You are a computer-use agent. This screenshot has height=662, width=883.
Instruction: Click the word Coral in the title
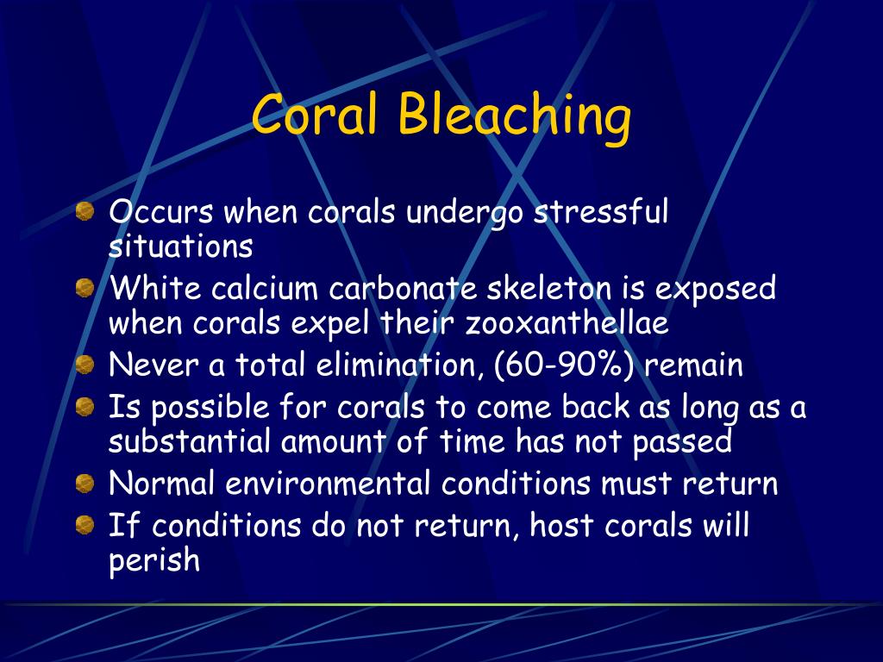coord(314,114)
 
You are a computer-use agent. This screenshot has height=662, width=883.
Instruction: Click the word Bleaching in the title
coord(515,118)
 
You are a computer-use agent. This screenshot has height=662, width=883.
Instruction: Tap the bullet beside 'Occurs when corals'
coord(85,212)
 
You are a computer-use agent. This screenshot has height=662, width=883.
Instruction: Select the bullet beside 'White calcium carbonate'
coord(85,288)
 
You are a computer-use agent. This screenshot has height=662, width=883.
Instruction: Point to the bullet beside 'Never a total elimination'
coord(85,365)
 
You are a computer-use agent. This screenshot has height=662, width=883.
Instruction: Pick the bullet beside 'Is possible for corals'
coord(85,407)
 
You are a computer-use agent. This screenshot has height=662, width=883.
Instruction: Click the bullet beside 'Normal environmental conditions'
coord(85,483)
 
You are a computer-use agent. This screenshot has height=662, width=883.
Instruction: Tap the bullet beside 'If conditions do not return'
coord(85,525)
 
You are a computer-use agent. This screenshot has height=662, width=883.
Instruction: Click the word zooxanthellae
coord(567,323)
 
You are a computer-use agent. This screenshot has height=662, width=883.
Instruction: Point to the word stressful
coord(601,212)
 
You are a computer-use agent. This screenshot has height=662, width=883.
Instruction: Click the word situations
coord(181,246)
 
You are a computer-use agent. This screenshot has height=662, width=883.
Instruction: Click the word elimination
coord(397,365)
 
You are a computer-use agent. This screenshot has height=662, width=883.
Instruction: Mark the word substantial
coord(190,440)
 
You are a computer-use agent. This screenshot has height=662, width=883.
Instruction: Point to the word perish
coord(154,560)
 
